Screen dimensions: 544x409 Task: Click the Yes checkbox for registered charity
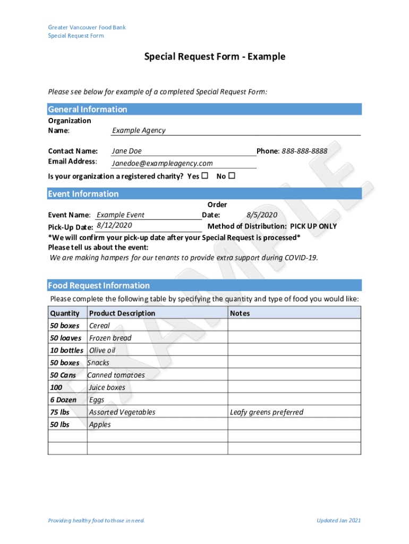tap(205, 176)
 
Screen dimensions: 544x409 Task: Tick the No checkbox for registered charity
tap(232, 176)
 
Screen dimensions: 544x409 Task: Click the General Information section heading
tap(88, 109)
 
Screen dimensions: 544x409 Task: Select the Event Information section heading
tap(83, 194)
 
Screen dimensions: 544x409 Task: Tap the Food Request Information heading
tap(99, 286)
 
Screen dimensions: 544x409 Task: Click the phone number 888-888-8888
tap(304, 151)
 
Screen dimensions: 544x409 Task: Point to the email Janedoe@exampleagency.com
tap(162, 164)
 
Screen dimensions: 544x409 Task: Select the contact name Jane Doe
tap(127, 151)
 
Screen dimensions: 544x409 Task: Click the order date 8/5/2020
tap(262, 215)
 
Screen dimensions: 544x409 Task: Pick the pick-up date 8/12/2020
tap(115, 226)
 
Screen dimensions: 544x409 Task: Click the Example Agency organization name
tap(139, 131)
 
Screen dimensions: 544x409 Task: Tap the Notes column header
tap(240, 313)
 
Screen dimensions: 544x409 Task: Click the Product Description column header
tap(122, 313)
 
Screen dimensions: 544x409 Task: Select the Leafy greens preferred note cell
tap(267, 412)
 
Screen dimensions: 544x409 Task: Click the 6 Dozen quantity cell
tap(63, 400)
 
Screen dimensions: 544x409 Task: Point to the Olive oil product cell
tap(102, 351)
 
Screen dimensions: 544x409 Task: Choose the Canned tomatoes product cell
tap(116, 375)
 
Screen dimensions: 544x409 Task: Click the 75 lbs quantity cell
tap(59, 412)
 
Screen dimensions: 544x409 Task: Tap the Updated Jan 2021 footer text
tap(338, 521)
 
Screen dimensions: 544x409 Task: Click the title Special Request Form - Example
tap(215, 57)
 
